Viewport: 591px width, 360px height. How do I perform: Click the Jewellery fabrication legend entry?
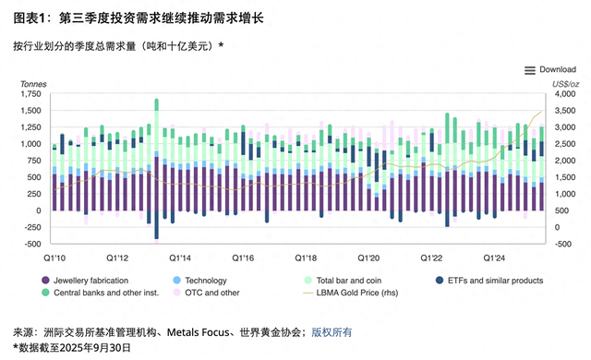click(91, 280)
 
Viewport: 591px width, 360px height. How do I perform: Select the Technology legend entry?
click(205, 280)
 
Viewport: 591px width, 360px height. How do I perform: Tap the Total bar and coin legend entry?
click(349, 280)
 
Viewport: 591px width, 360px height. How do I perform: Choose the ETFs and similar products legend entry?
click(488, 280)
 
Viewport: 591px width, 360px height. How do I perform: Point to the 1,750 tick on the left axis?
click(30, 94)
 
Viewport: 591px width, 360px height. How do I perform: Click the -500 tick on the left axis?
click(32, 244)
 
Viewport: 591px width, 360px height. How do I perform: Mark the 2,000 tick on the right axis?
click(562, 161)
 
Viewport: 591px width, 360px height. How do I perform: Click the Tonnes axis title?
click(34, 84)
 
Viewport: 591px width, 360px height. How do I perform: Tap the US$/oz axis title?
click(564, 84)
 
